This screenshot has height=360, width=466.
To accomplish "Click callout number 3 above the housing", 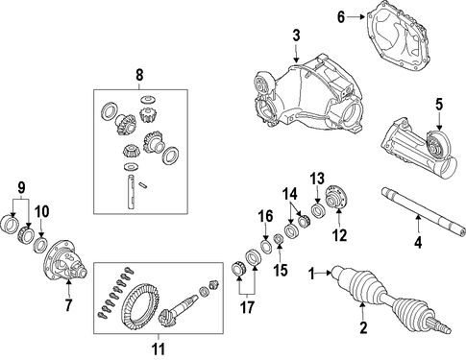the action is click(x=296, y=36).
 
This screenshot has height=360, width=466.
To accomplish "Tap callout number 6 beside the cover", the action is click(x=341, y=17).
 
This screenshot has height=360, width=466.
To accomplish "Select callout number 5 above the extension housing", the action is click(x=439, y=105).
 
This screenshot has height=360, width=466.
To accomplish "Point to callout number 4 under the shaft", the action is click(x=418, y=242).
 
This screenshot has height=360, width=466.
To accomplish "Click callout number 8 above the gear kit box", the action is click(x=139, y=75).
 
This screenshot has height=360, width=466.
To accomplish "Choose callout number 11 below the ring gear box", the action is click(x=159, y=348).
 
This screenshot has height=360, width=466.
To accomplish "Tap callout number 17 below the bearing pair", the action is click(x=247, y=307).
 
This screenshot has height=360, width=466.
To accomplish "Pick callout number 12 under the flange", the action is click(x=340, y=236).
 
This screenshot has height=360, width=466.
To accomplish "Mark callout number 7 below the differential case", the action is click(x=68, y=304).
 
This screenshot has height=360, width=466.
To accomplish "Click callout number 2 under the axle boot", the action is click(x=363, y=327).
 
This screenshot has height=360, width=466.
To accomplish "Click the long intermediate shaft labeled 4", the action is click(x=423, y=212).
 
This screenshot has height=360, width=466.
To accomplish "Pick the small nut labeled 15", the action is click(x=279, y=239).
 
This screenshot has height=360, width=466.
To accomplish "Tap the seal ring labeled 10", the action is click(x=41, y=245).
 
